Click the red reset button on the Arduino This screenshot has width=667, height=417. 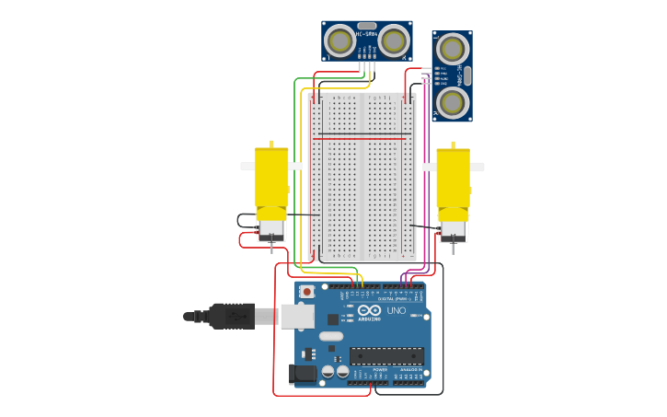(x=306, y=292)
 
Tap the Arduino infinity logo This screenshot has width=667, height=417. (x=369, y=310)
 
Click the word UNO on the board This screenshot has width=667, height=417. (x=396, y=310)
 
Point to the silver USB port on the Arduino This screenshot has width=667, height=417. (x=296, y=316)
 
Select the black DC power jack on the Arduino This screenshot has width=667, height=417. (x=302, y=374)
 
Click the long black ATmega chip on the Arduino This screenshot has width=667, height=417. (x=386, y=355)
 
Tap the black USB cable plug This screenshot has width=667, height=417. (x=232, y=316)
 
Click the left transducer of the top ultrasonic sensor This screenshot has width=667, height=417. (x=339, y=41)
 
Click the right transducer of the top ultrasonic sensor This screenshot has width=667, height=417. (x=394, y=41)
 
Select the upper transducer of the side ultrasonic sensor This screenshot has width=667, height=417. (x=452, y=48)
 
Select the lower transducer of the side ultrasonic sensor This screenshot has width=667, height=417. (x=452, y=101)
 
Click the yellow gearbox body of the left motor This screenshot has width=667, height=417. (x=271, y=177)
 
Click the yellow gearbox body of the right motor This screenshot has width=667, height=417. (x=453, y=177)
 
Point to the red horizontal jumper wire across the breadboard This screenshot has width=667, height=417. (x=361, y=139)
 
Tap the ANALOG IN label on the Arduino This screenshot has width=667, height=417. (x=411, y=369)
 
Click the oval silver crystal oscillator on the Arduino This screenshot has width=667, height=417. (x=332, y=336)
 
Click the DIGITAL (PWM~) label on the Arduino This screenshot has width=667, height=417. (x=397, y=298)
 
